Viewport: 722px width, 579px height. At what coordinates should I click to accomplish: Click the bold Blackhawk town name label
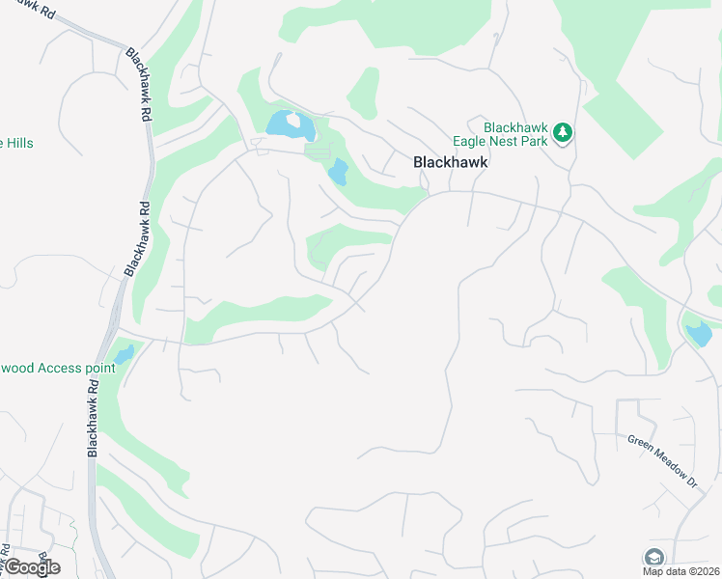451,163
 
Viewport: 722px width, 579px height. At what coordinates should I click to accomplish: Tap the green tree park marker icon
563,134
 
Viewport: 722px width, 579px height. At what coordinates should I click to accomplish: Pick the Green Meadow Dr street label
661,459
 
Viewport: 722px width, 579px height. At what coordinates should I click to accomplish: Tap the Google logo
32,567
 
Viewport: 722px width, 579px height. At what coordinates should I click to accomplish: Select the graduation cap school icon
653,557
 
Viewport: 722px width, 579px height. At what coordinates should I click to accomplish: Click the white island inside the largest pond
292,122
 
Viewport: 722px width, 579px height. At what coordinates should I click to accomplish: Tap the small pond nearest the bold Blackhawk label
338,173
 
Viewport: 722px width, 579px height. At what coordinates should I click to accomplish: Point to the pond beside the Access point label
123,356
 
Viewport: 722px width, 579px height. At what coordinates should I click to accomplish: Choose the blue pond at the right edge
698,334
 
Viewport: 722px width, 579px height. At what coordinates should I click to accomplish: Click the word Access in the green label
56,369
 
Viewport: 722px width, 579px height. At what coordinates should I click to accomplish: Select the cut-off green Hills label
16,143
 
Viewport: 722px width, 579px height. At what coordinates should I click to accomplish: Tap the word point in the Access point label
97,369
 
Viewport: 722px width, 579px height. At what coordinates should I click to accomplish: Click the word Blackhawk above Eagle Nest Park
516,127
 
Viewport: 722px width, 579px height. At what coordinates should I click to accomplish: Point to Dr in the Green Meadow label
689,479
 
